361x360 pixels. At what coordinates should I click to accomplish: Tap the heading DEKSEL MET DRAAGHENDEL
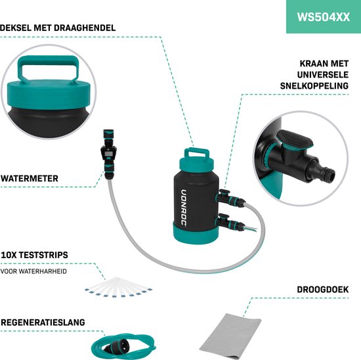coord(58,28)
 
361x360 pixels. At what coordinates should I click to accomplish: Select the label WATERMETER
coord(30,177)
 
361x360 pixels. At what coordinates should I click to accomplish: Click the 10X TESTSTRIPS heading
coord(35,254)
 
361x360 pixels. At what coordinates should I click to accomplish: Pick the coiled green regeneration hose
coord(122,346)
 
